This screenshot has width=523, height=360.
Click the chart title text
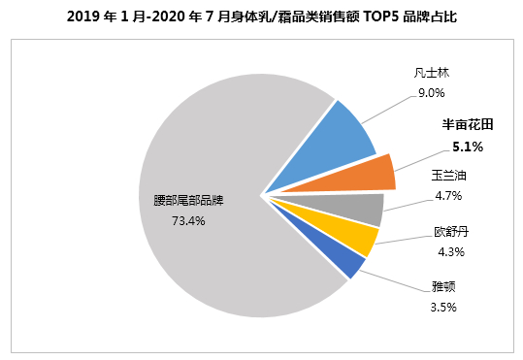[262, 16]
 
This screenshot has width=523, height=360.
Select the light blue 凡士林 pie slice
[337, 146]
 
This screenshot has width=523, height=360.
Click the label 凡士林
[431, 73]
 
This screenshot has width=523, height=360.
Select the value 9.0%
[431, 93]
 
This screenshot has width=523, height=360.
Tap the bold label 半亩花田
[468, 124]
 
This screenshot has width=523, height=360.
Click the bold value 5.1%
[468, 147]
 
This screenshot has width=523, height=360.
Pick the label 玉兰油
[448, 176]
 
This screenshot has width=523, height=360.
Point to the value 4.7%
[448, 195]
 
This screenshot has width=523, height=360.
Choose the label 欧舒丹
[451, 232]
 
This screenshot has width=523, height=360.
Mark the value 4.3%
[451, 251]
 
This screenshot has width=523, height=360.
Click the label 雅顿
[443, 286]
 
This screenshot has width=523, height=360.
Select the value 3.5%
[443, 307]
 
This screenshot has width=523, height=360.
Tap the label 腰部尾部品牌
[188, 201]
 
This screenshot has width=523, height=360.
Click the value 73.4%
[188, 221]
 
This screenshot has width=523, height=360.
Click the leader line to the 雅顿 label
[395, 281]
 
